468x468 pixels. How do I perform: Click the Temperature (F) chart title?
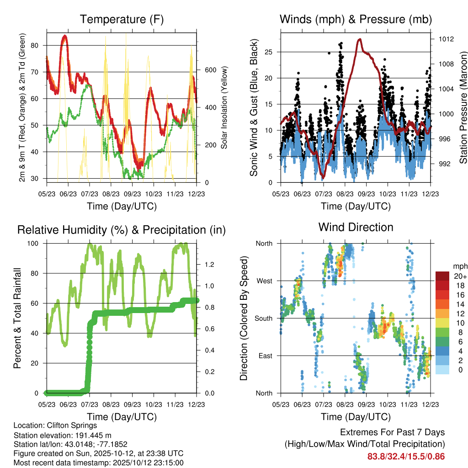click(x=122, y=19)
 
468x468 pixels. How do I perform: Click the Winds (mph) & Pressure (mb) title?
click(x=356, y=19)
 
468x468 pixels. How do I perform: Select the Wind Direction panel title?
click(x=356, y=227)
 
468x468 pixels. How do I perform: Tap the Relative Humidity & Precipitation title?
click(x=122, y=230)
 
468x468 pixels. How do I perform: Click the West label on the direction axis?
click(x=265, y=281)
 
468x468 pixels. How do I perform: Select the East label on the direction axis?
click(x=266, y=356)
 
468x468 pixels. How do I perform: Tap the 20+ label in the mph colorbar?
click(x=459, y=276)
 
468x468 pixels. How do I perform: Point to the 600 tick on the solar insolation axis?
click(x=210, y=70)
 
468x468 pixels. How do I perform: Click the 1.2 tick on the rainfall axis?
click(x=210, y=265)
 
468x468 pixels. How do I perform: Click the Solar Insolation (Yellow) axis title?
click(x=224, y=107)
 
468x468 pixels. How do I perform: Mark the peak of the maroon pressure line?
click(x=360, y=39)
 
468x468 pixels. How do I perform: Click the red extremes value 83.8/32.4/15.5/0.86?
click(x=406, y=456)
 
